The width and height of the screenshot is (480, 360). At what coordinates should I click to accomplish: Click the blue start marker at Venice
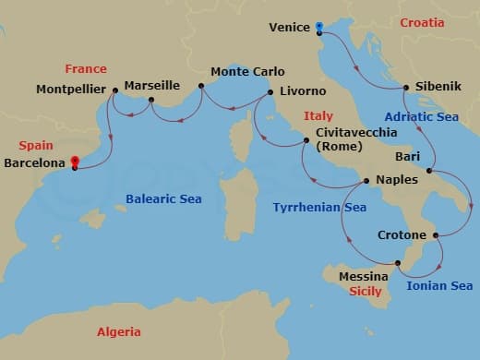point(319,27)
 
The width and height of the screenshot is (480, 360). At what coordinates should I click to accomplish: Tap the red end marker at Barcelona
point(75,162)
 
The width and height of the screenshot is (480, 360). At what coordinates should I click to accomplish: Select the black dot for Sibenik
point(405,89)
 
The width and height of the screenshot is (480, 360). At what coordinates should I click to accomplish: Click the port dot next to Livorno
point(270,92)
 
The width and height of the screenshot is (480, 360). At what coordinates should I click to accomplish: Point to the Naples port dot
point(366,181)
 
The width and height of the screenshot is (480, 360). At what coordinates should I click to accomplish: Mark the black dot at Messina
point(398,264)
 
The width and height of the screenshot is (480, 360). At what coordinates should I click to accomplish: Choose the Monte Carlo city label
point(247,71)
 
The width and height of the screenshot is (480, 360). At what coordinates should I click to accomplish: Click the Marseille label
point(151,84)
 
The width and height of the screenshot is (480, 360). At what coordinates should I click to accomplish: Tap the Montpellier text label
point(71,90)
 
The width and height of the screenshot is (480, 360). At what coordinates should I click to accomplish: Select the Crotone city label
point(402,235)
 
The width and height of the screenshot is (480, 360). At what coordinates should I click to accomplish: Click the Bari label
point(407,157)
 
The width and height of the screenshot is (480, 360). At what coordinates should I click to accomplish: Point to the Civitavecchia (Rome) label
point(356,138)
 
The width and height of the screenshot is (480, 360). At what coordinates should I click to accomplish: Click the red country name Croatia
point(428,22)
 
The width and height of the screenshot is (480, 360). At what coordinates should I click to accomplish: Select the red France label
point(86,68)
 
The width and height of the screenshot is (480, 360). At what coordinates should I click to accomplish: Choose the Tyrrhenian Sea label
point(319,208)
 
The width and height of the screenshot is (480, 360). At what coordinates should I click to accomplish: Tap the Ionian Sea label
point(439,285)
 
